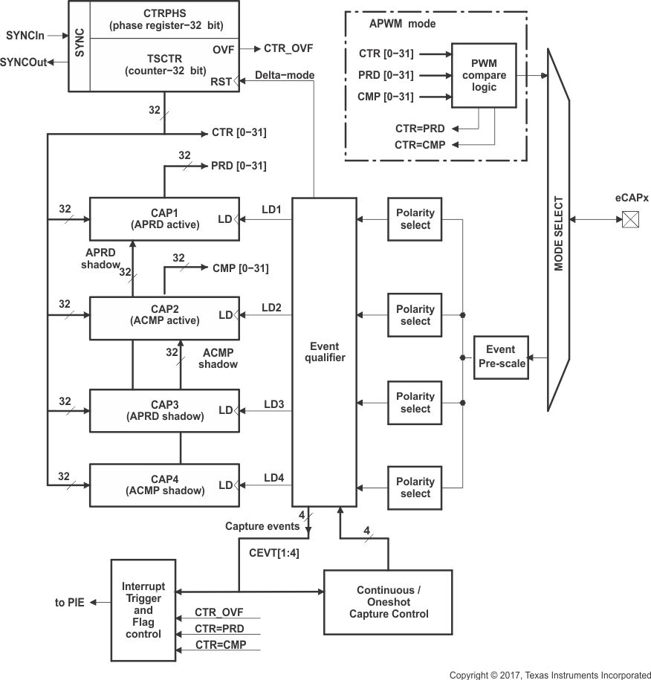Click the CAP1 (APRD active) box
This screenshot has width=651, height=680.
pos(163,218)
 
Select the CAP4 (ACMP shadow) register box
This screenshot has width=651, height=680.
pos(163,485)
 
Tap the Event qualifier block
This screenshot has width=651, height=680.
pos(324,352)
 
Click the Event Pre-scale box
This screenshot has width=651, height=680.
pos(501,356)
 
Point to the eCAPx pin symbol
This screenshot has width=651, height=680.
pos(630,219)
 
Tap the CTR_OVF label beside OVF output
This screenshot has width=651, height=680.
pos(288,48)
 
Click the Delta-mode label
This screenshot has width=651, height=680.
pos(284,75)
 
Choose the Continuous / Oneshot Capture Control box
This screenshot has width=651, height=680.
pos(387,602)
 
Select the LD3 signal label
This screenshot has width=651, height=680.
pos(273,404)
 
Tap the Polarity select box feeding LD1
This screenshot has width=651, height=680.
pos(415,219)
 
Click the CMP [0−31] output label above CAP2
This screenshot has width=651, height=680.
pos(240,268)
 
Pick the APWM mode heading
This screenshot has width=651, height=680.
pos(402,23)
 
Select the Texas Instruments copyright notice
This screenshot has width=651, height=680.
pos(550,675)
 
